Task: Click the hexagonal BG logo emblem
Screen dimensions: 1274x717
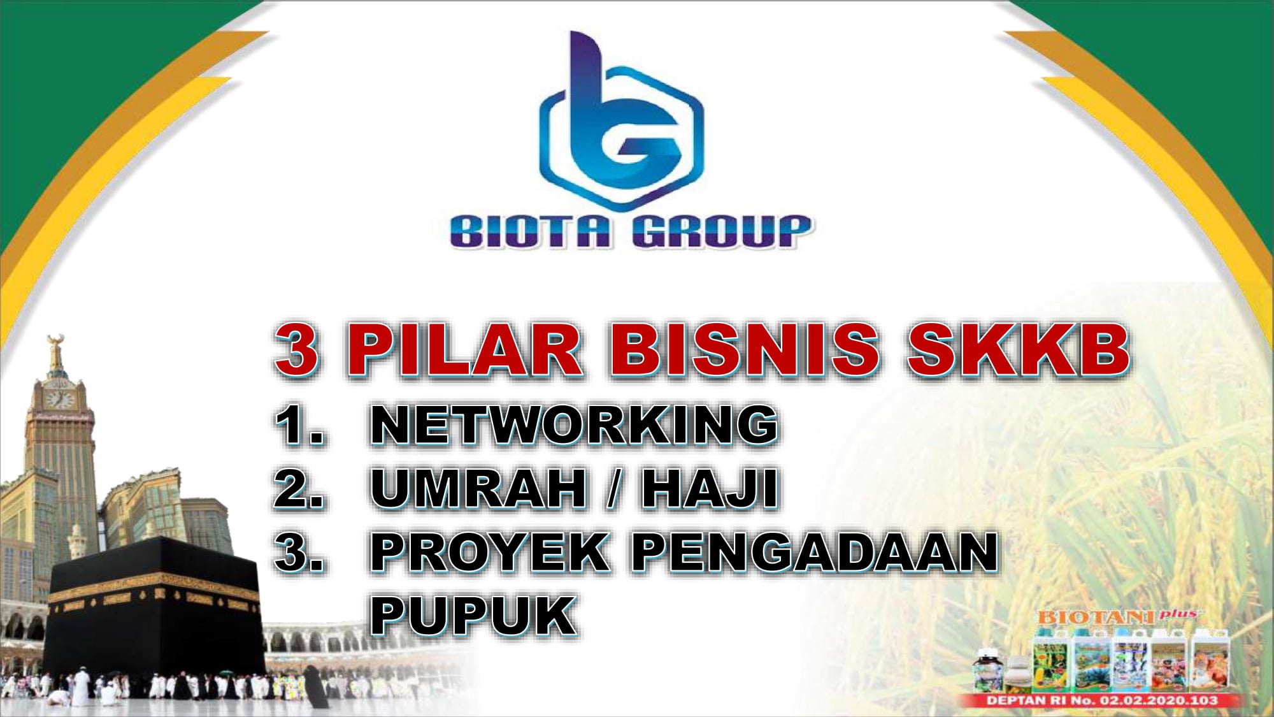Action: (x=621, y=121)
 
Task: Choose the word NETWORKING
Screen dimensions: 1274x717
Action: (x=574, y=424)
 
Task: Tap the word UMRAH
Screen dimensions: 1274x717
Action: (x=478, y=488)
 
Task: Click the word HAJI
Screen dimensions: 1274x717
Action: (x=710, y=488)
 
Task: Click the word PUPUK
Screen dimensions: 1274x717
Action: (x=473, y=616)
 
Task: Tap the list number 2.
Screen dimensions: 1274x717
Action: (x=298, y=488)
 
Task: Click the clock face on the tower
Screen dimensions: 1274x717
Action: (x=59, y=400)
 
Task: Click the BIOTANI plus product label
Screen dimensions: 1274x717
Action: (x=1118, y=616)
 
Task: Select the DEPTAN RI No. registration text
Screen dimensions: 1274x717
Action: (x=1102, y=700)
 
